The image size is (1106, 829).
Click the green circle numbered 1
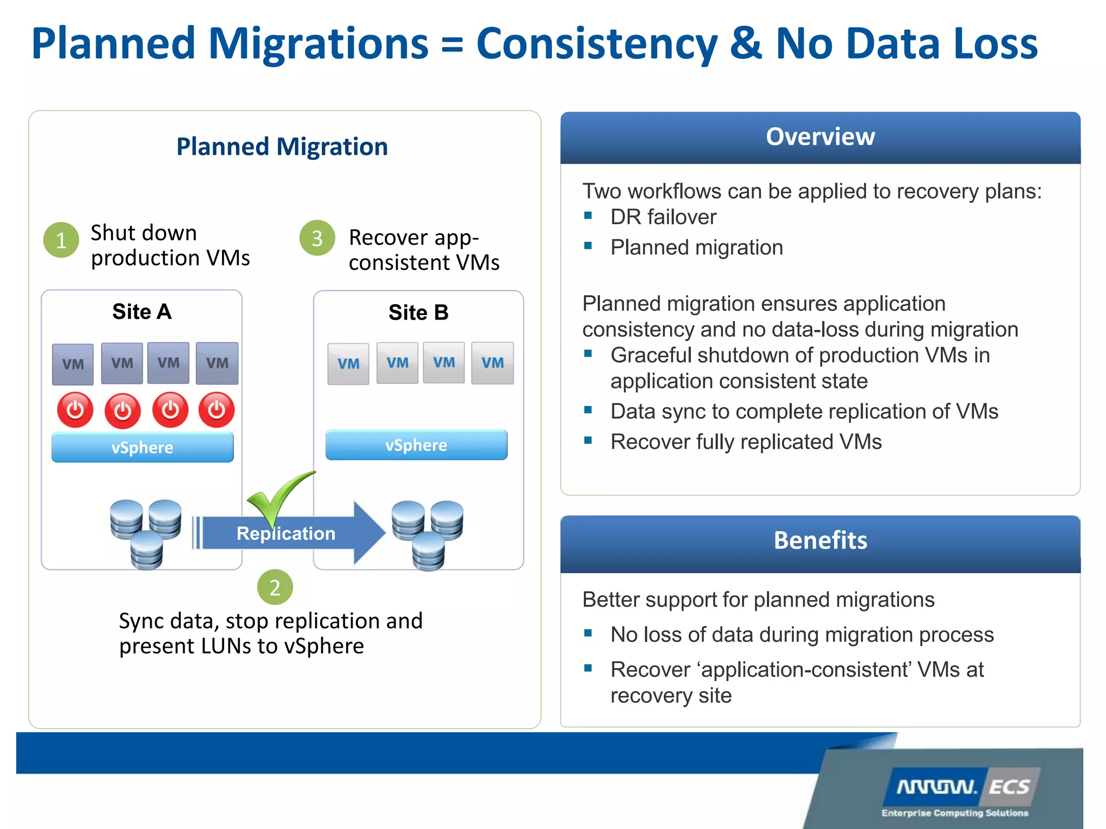point(61,240)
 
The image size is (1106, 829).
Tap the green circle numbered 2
point(275,587)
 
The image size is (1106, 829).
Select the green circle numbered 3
point(317,238)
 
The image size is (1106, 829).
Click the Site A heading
point(142,311)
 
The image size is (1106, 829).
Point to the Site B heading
point(419,312)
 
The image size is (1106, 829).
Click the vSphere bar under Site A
point(143,447)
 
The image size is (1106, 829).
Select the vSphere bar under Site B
point(416,445)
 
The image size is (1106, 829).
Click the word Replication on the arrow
point(286,533)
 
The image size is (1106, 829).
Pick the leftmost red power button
point(75,410)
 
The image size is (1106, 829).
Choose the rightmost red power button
point(217,410)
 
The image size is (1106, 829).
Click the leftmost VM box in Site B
point(348,363)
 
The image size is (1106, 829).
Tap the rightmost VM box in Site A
point(217,363)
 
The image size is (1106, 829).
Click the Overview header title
point(820,137)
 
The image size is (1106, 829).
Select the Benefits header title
point(820,540)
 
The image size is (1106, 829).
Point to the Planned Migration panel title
point(282,147)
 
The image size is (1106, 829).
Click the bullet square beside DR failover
point(588,216)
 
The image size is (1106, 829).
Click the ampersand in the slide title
point(746,43)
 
